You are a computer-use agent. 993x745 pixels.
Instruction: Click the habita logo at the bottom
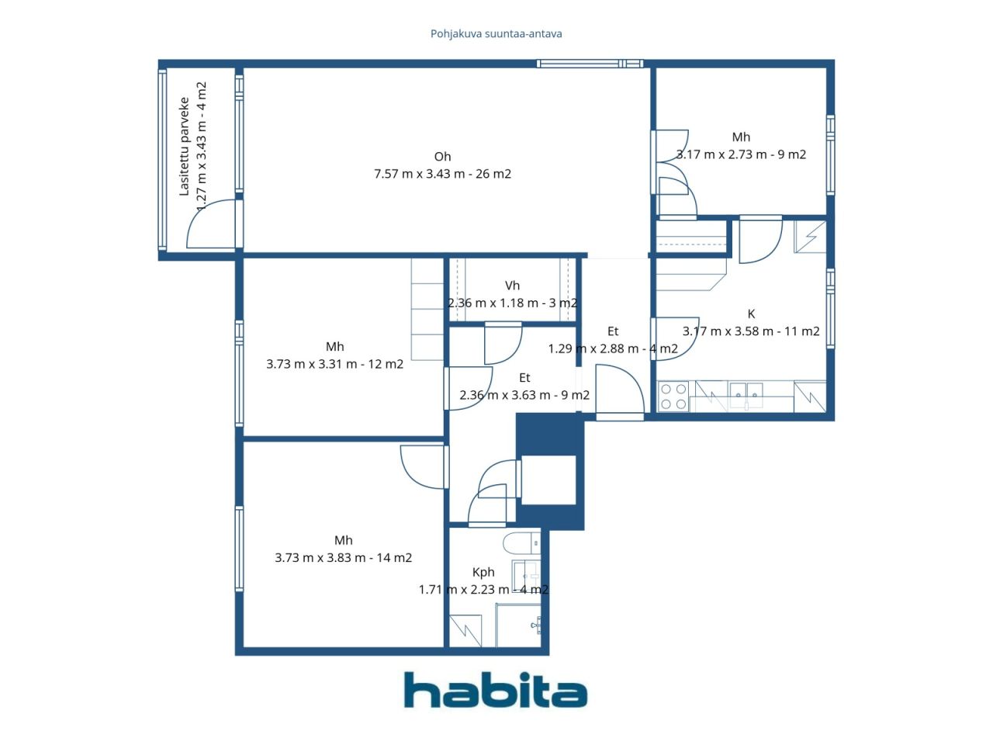click(x=496, y=691)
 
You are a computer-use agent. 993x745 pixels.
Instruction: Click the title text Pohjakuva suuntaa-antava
click(x=496, y=33)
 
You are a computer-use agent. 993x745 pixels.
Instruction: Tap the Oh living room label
click(x=442, y=157)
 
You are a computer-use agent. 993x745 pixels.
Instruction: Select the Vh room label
click(x=512, y=286)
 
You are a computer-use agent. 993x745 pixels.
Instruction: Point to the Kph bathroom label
click(x=483, y=572)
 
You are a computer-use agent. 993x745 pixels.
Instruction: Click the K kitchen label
click(x=751, y=314)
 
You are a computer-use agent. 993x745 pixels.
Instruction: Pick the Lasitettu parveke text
click(x=184, y=146)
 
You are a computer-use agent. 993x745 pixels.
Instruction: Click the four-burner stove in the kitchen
click(x=673, y=397)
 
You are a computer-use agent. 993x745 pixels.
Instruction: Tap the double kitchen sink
click(x=746, y=394)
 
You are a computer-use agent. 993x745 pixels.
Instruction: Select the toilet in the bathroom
click(x=521, y=543)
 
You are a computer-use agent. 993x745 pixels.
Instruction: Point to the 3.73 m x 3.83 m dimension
click(x=320, y=557)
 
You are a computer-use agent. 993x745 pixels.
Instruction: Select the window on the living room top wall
click(x=590, y=64)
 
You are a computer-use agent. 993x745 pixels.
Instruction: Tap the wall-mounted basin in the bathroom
click(x=536, y=625)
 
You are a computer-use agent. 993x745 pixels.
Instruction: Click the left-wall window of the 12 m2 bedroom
click(x=239, y=373)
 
